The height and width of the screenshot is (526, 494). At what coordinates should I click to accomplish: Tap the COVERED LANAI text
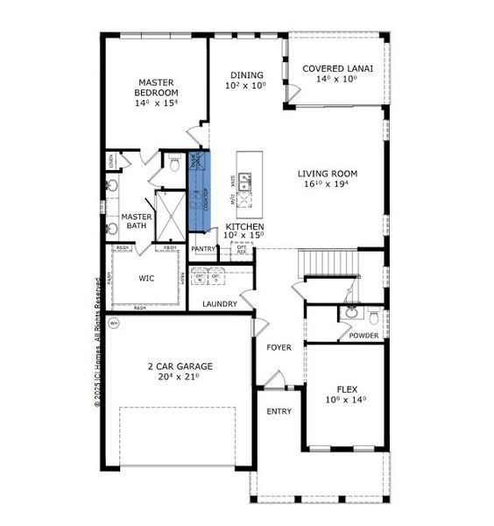pyautogui.click(x=337, y=69)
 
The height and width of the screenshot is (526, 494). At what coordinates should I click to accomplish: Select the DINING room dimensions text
pyautogui.click(x=246, y=86)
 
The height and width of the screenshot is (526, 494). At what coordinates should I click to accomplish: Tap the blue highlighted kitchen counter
pyautogui.click(x=202, y=192)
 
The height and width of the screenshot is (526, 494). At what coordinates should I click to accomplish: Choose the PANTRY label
pyautogui.click(x=204, y=248)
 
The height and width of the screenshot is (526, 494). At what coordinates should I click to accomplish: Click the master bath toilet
pyautogui.click(x=174, y=163)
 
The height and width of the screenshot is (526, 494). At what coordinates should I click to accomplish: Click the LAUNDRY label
pyautogui.click(x=219, y=304)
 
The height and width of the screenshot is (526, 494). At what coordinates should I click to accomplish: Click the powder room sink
pyautogui.click(x=351, y=313)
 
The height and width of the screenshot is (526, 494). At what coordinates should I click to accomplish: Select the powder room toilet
pyautogui.click(x=373, y=315)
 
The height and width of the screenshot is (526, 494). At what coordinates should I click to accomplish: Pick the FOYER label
pyautogui.click(x=279, y=347)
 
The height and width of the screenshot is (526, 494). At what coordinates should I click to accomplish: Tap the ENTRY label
pyautogui.click(x=279, y=411)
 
